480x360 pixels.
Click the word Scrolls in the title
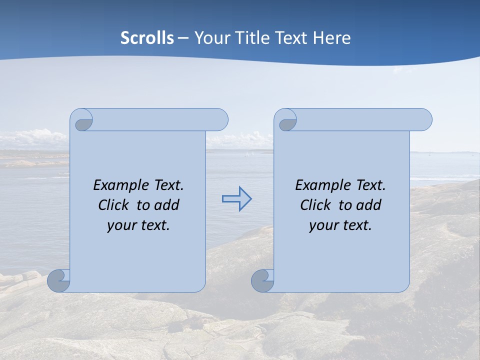(x=147, y=38)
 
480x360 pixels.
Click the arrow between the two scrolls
(x=236, y=199)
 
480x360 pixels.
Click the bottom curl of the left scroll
(x=58, y=280)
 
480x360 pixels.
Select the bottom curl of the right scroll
(x=262, y=280)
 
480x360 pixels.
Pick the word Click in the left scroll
(x=113, y=205)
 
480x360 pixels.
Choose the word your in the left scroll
(x=121, y=225)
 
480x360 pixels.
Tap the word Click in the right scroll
(x=315, y=205)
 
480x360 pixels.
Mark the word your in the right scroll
(x=323, y=225)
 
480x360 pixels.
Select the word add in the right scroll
(x=368, y=205)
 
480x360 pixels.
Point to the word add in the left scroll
(x=166, y=205)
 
